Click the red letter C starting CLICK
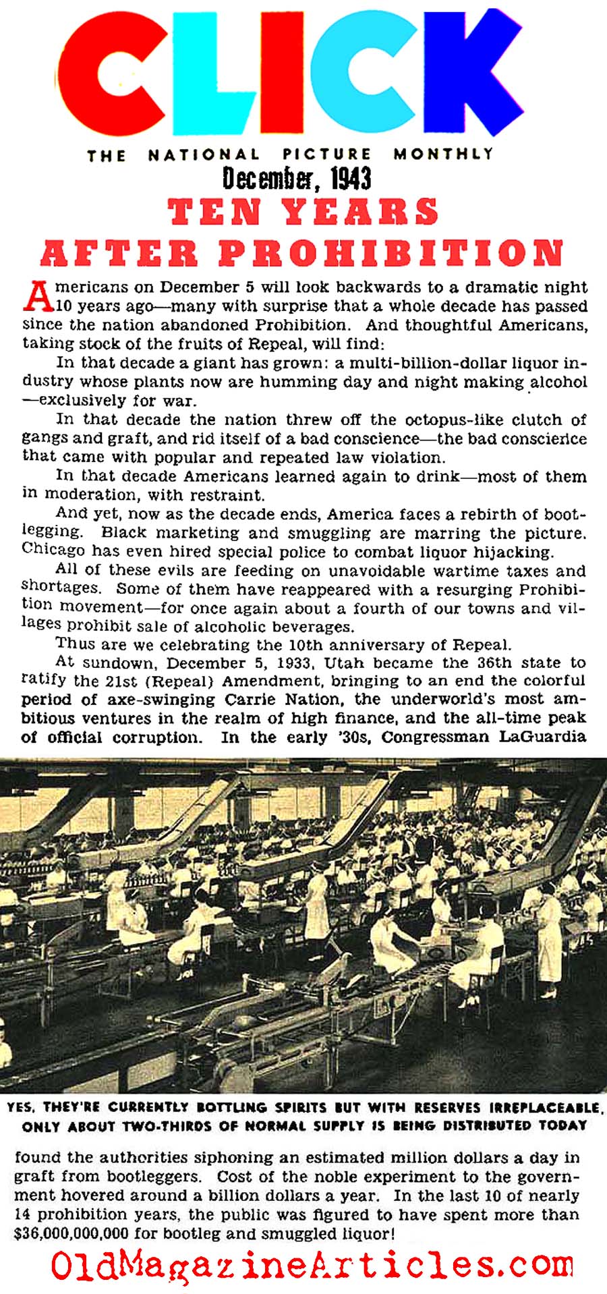click(x=111, y=74)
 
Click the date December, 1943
click(x=297, y=179)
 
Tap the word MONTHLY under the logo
click(x=444, y=154)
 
